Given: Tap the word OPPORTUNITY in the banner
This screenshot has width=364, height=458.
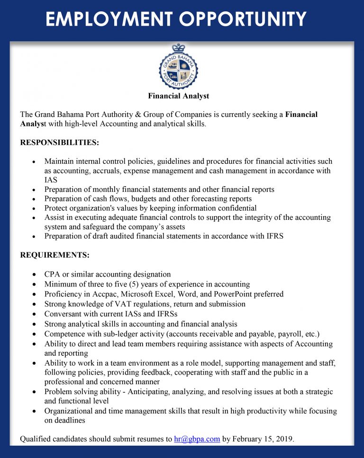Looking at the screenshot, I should tap(245, 19).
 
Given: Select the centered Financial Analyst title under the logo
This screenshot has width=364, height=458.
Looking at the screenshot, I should tap(178, 96).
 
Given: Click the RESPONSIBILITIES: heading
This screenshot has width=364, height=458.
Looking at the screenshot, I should tap(60, 142).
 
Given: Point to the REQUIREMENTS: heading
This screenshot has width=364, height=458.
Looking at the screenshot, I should tap(55, 255).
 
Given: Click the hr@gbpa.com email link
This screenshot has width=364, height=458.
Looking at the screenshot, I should tap(197, 439).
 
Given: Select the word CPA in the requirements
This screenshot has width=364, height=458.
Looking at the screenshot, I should tap(52, 274).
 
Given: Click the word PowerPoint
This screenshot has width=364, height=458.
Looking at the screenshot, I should tap(231, 294).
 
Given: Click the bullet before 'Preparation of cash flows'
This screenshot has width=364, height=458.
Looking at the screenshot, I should tap(33, 199).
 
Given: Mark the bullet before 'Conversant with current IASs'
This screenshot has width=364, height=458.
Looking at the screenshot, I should tap(33, 314).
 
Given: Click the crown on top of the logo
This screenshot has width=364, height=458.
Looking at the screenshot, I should tap(178, 48).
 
